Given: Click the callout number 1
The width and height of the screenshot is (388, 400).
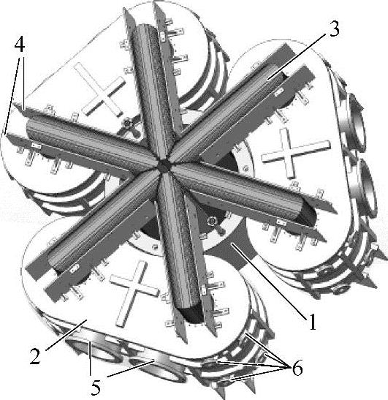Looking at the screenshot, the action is (312, 322).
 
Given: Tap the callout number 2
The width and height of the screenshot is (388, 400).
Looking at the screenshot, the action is (35, 356).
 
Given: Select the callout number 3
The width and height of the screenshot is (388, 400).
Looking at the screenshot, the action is (333, 29).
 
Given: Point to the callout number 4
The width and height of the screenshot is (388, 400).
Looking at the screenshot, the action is (20, 45).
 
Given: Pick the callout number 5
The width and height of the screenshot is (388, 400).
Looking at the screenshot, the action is (96, 388).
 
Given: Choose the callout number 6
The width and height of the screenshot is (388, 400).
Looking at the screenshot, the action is (297, 368).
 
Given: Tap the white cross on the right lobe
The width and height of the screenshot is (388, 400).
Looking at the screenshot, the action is (296, 153).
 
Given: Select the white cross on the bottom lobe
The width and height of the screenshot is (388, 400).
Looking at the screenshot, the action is (134, 294).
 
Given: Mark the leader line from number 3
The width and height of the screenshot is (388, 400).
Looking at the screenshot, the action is (297, 56).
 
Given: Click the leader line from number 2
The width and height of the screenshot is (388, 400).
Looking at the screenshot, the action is (66, 335).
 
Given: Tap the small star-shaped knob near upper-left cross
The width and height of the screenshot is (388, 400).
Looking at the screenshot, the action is (127, 125).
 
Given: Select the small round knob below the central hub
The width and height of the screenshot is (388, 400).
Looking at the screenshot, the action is (212, 222).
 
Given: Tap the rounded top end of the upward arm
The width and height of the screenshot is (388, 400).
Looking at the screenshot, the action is (143, 28).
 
